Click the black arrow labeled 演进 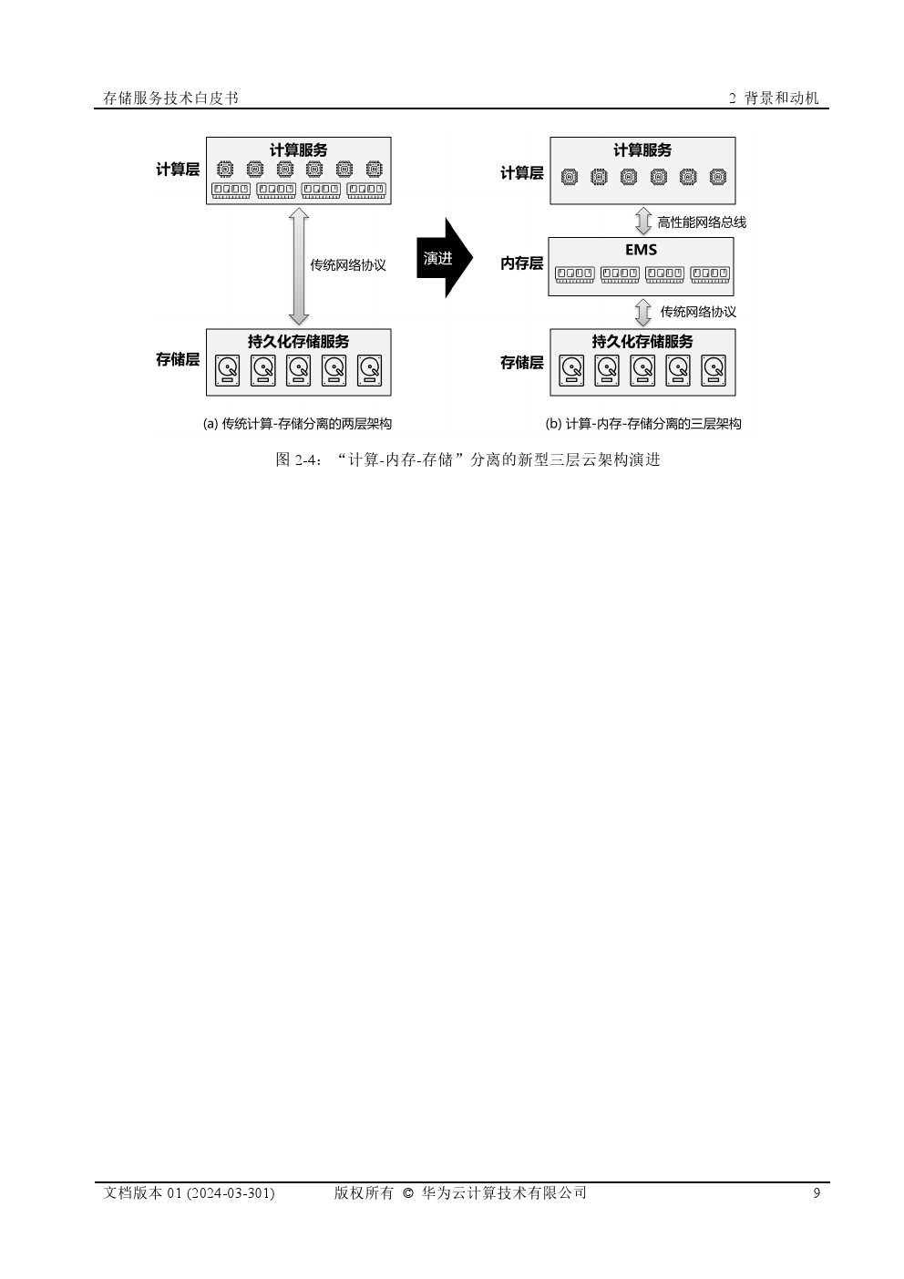pyautogui.click(x=445, y=258)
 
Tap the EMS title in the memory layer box pyautogui.click(x=641, y=250)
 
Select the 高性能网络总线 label pyautogui.click(x=702, y=222)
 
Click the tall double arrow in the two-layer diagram pyautogui.click(x=299, y=267)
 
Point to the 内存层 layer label pyautogui.click(x=521, y=263)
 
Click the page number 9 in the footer pyautogui.click(x=817, y=1192)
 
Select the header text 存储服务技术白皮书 pyautogui.click(x=170, y=98)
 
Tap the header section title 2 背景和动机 pyautogui.click(x=774, y=98)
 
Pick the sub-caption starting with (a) pyautogui.click(x=297, y=424)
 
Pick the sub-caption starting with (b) pyautogui.click(x=643, y=424)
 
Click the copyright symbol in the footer pyautogui.click(x=407, y=1193)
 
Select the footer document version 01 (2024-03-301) pyautogui.click(x=189, y=1192)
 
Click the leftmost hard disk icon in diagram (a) pyautogui.click(x=227, y=370)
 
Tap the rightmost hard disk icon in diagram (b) pyautogui.click(x=714, y=370)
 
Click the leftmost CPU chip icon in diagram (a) pyautogui.click(x=225, y=169)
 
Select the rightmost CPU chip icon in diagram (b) pyautogui.click(x=717, y=177)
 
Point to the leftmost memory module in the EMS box pyautogui.click(x=575, y=274)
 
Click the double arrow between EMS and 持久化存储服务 pyautogui.click(x=643, y=313)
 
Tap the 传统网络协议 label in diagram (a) pyautogui.click(x=348, y=265)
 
